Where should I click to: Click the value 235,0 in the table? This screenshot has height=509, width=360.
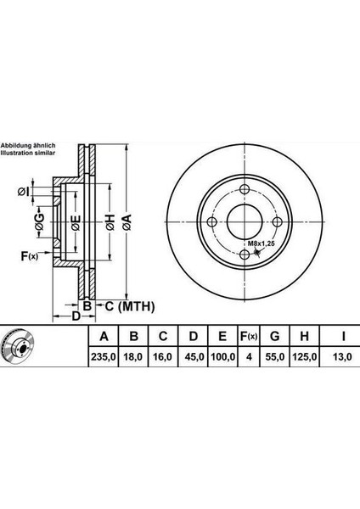[x=104, y=357]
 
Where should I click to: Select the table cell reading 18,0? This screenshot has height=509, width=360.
[x=133, y=357]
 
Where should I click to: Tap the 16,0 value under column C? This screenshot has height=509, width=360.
[x=162, y=357]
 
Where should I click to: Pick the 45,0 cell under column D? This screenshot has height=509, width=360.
[x=194, y=357]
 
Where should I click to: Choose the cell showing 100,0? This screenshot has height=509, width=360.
[x=222, y=357]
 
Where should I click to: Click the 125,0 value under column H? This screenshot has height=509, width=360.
[x=305, y=357]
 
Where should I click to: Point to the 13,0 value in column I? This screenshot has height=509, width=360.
[x=342, y=357]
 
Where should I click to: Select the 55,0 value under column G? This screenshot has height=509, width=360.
[x=275, y=357]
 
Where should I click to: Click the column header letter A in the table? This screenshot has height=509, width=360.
[x=104, y=336]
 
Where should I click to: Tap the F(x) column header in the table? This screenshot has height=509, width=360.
[x=249, y=337]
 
